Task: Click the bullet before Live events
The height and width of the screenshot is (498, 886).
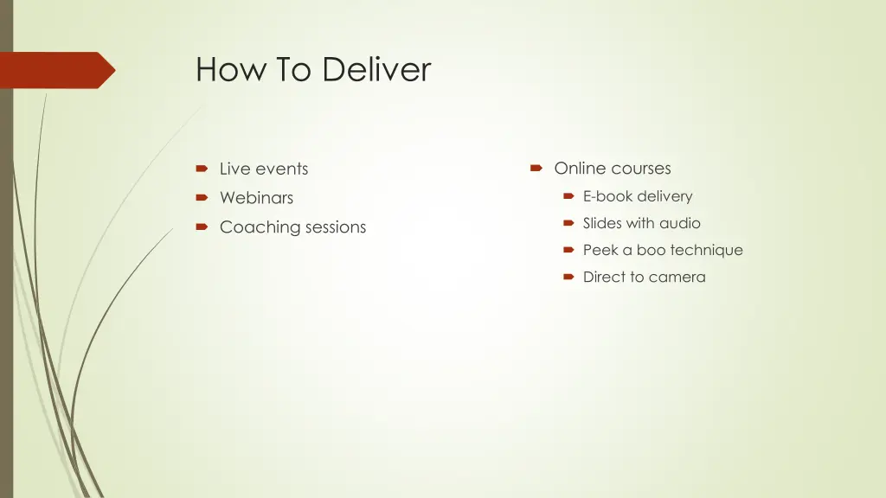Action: (201, 169)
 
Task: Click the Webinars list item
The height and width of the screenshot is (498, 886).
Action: (256, 198)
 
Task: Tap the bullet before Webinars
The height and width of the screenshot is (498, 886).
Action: (201, 198)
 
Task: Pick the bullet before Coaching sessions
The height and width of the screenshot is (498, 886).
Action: (201, 227)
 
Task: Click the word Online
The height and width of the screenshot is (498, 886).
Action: (580, 169)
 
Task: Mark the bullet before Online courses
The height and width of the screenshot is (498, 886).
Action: (536, 169)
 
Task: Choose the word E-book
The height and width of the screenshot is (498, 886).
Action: (607, 196)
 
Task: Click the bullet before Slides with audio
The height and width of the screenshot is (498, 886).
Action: (568, 223)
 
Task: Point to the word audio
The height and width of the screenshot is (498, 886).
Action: (680, 223)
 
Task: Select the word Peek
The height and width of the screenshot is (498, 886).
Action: (600, 250)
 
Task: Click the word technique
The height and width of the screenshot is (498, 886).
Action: (706, 250)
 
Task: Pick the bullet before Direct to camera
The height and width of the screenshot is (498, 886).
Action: (568, 277)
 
